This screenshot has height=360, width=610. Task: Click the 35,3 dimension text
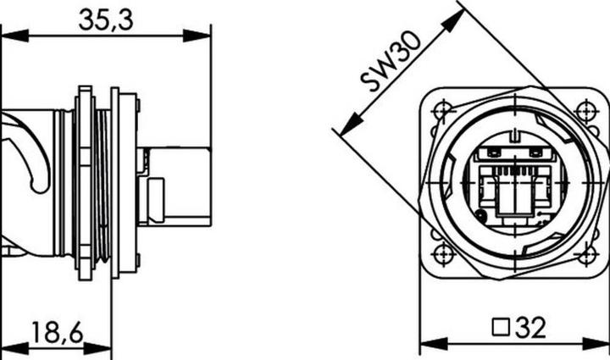point(106,20)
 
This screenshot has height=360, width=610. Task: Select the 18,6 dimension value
point(58,332)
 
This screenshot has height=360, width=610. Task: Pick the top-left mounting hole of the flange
point(440,110)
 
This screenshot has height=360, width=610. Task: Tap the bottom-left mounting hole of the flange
point(440,253)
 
